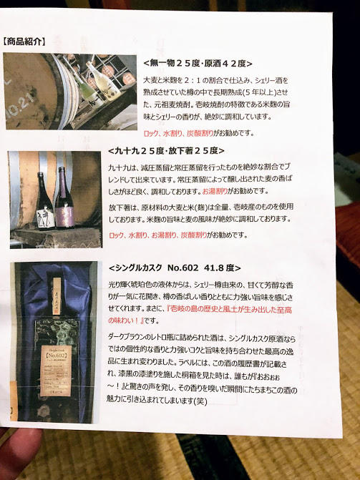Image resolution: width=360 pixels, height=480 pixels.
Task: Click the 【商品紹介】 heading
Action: coord(25,41)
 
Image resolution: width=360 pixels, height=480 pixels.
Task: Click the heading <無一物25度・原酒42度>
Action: coord(197,63)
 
